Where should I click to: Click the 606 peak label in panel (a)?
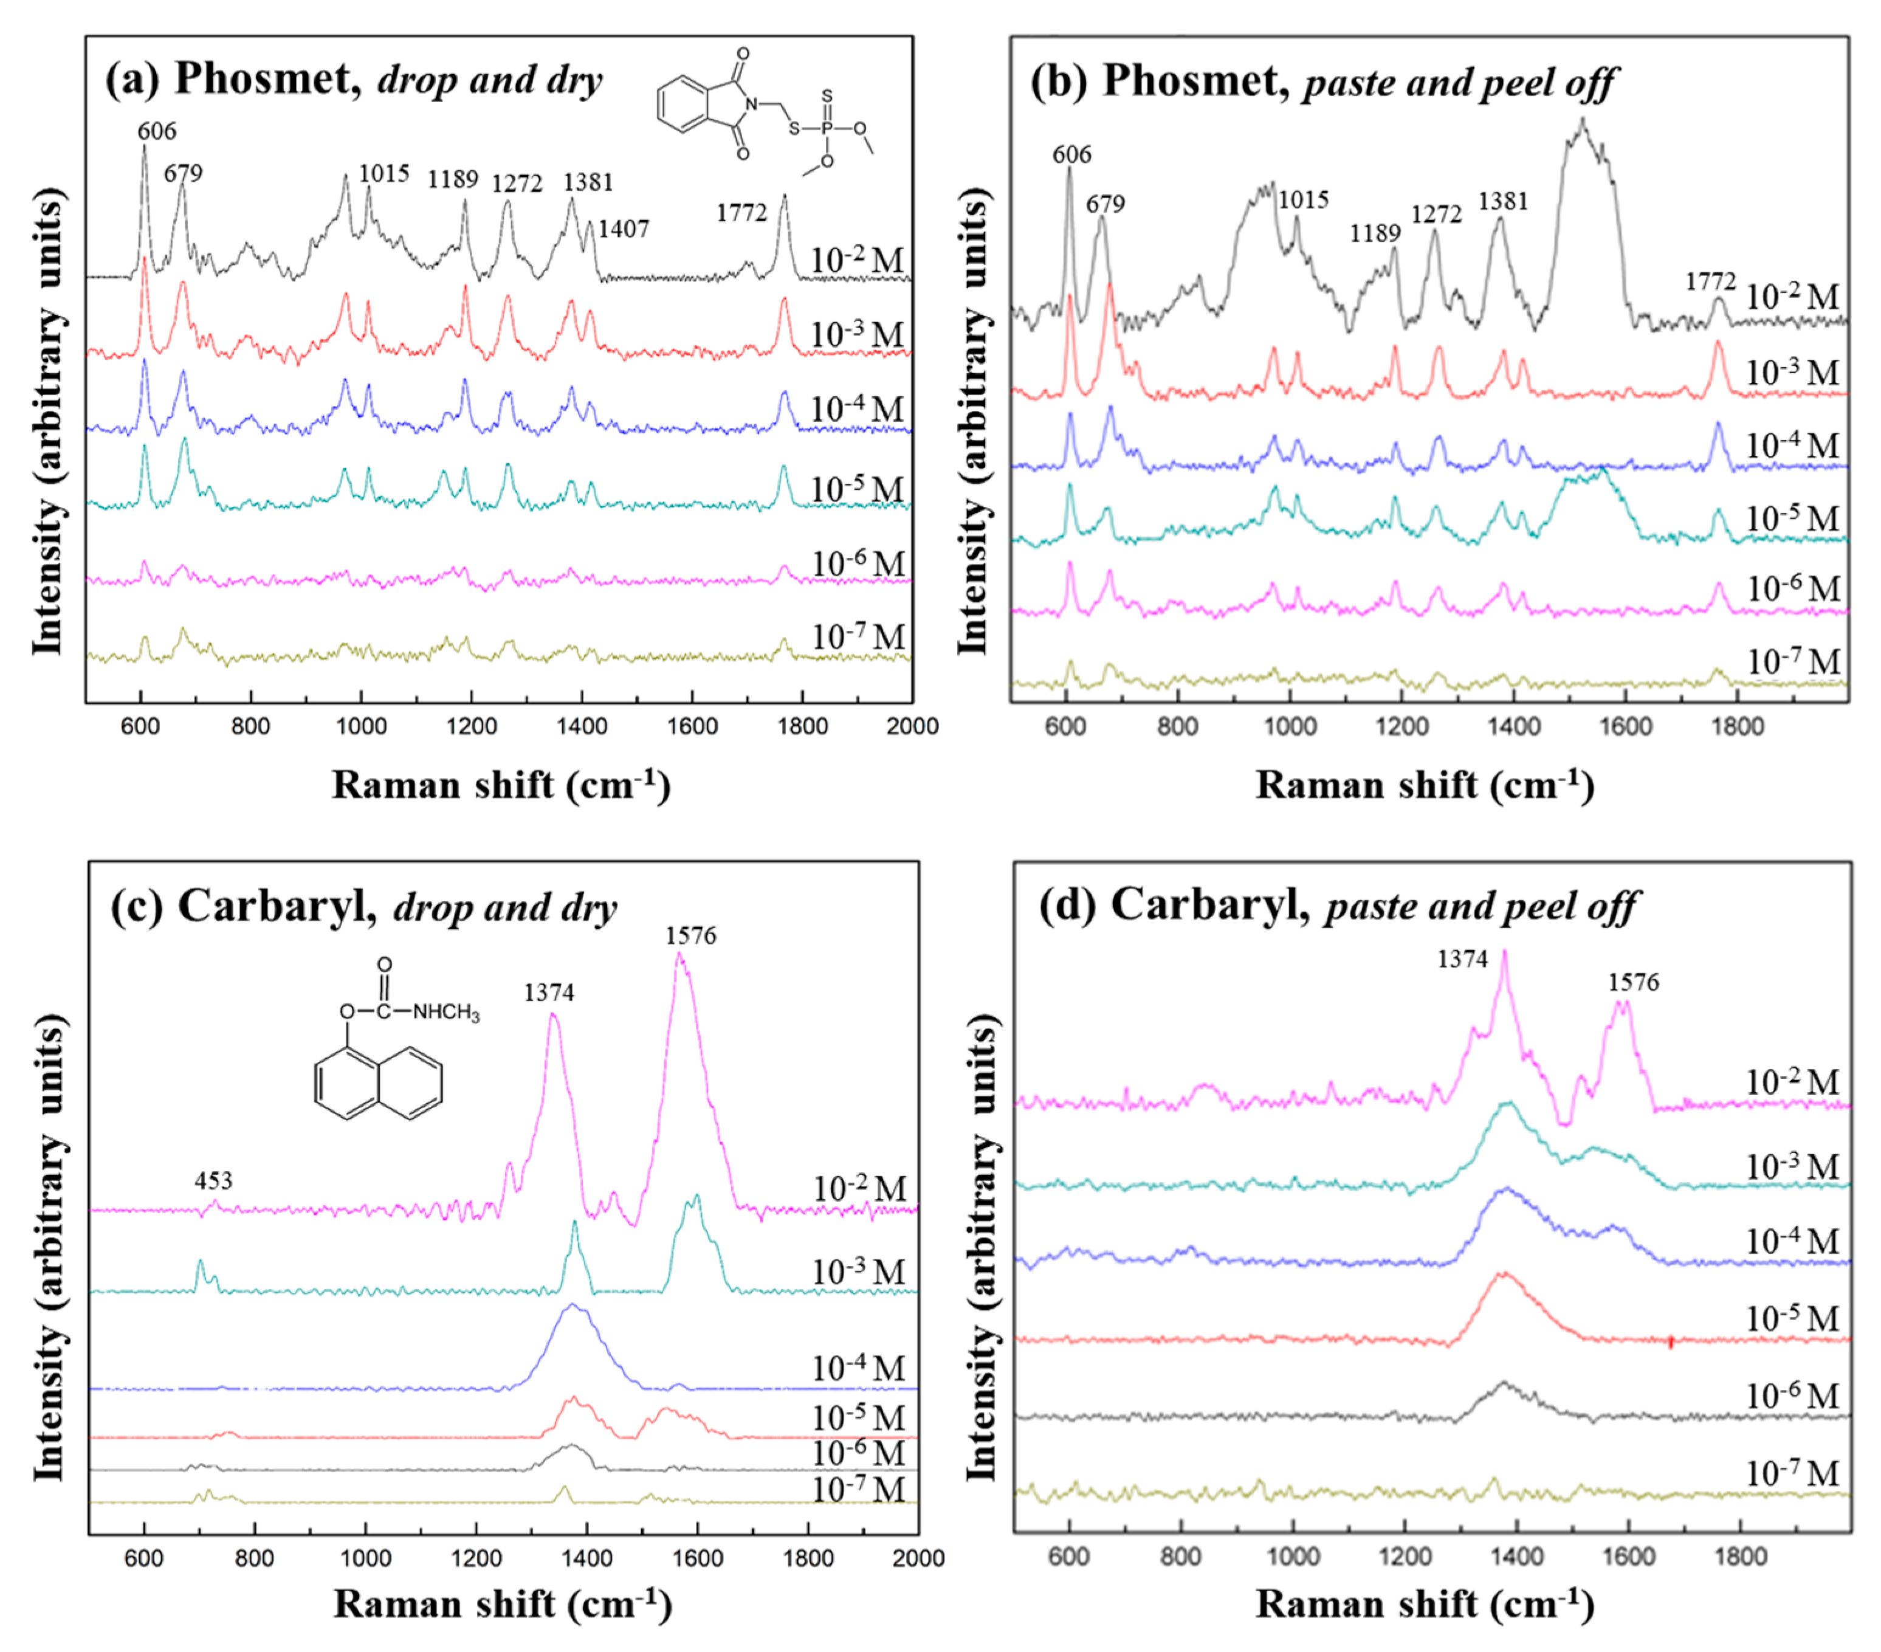156,132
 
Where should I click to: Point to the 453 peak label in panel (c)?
213,1181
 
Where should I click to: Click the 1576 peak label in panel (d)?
1634,983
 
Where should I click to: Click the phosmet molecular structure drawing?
765,109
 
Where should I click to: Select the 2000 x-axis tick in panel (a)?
911,727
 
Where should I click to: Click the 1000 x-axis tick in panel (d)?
1292,1557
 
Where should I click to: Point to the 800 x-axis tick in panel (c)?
254,1558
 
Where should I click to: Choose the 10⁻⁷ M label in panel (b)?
1793,662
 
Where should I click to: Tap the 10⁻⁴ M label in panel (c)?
858,1369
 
